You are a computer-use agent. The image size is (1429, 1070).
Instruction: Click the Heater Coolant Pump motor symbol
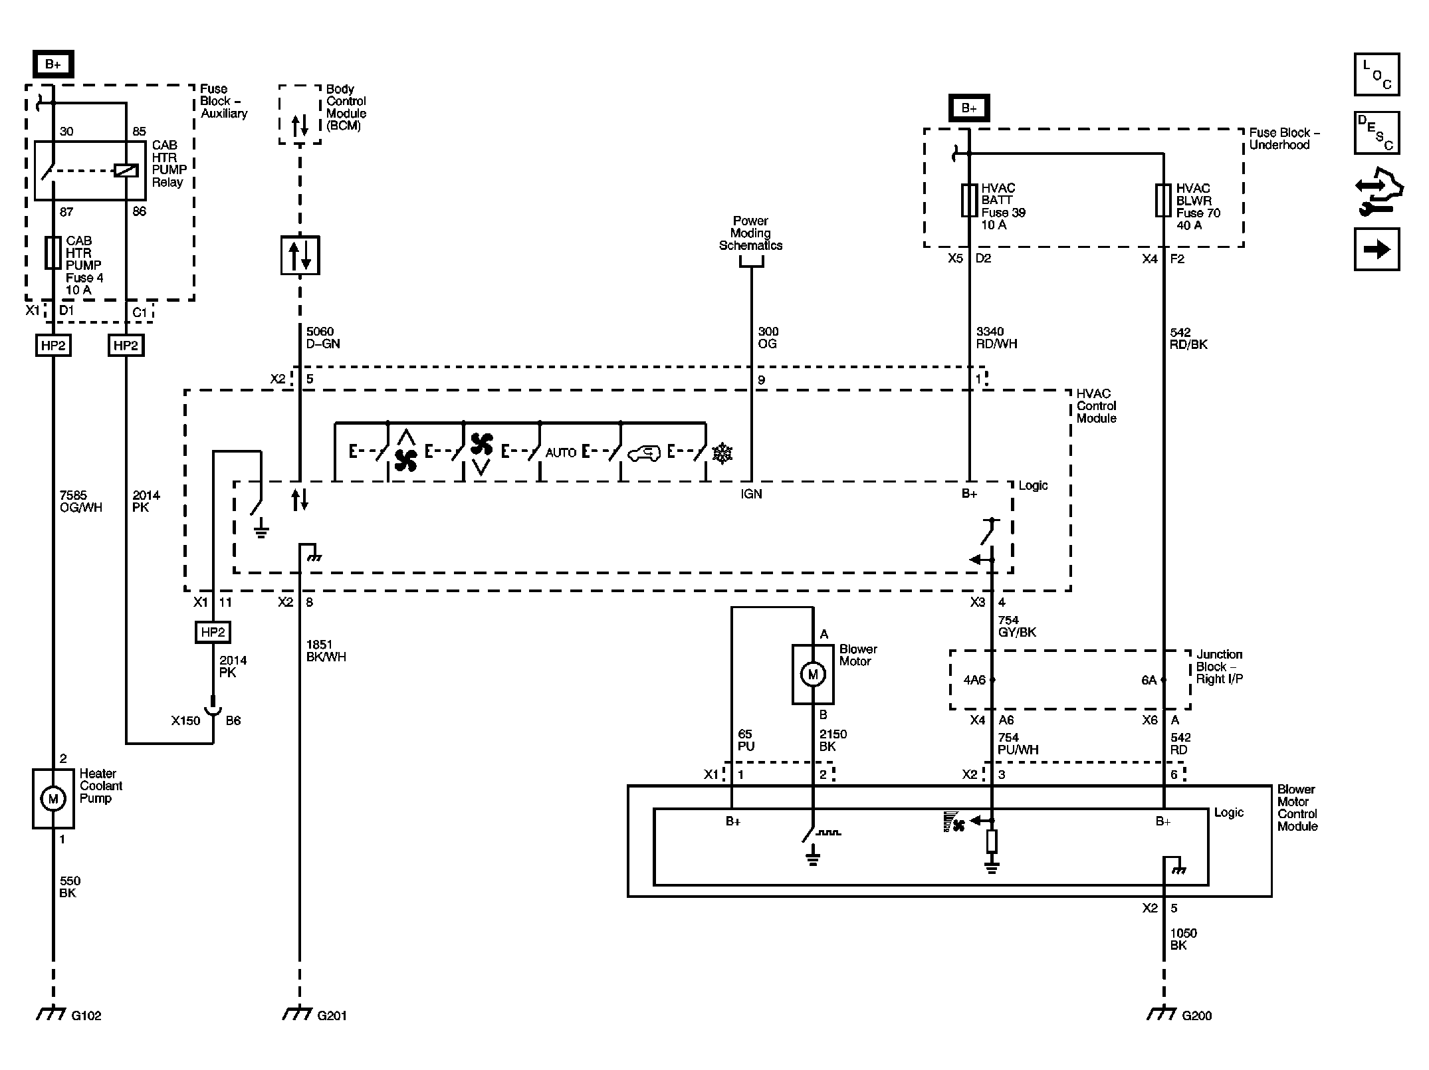pyautogui.click(x=53, y=798)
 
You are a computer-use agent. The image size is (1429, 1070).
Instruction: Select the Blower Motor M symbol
pyautogui.click(x=812, y=675)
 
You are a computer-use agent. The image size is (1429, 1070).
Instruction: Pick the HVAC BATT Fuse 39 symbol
pyautogui.click(x=969, y=201)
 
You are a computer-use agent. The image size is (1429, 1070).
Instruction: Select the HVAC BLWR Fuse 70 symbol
pyautogui.click(x=1163, y=201)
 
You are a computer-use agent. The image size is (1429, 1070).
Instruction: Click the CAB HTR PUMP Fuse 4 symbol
pyautogui.click(x=53, y=253)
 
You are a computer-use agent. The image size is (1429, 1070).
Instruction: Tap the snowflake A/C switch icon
pyautogui.click(x=722, y=454)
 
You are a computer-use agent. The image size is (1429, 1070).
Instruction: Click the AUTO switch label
pyautogui.click(x=560, y=453)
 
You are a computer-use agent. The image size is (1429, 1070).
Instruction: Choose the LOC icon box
pyautogui.click(x=1376, y=74)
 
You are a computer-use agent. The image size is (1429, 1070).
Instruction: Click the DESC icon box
pyautogui.click(x=1376, y=133)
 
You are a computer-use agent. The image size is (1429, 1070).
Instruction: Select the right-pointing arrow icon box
pyautogui.click(x=1376, y=249)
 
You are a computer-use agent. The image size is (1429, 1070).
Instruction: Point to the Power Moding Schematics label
pyautogui.click(x=750, y=233)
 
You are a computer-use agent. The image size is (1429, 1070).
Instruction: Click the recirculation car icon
pyautogui.click(x=643, y=454)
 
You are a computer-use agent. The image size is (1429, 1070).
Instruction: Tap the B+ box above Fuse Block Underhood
pyautogui.click(x=969, y=108)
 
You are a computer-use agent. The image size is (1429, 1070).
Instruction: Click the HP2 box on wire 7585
pyautogui.click(x=53, y=346)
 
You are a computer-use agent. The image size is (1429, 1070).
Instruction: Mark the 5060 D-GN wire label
pyautogui.click(x=323, y=338)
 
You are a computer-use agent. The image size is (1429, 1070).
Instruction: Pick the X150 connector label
pyautogui.click(x=185, y=720)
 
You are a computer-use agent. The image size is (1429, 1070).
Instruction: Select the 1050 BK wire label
pyautogui.click(x=1184, y=939)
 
